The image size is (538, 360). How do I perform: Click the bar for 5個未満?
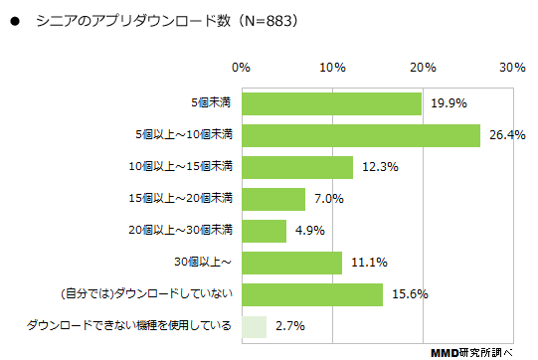[x=331, y=103]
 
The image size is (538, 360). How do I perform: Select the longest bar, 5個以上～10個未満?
[x=361, y=135]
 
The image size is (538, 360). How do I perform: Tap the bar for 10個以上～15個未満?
[x=296, y=167]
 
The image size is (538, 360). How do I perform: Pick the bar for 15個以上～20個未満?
[x=272, y=199]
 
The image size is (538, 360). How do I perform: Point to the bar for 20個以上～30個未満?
[x=263, y=231]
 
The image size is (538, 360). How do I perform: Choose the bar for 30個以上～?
[x=291, y=263]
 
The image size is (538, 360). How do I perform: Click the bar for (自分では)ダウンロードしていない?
[x=311, y=294]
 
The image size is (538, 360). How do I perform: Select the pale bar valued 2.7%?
[x=253, y=326]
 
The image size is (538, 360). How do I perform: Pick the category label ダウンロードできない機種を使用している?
[x=129, y=326]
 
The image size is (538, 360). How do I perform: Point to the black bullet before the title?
[x=14, y=20]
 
